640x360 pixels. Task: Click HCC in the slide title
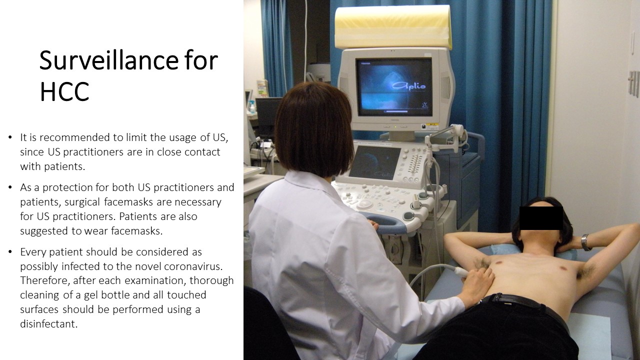pyautogui.click(x=64, y=92)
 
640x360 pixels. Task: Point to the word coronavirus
pyautogui.click(x=193, y=266)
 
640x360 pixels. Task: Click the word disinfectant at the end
pyautogui.click(x=49, y=324)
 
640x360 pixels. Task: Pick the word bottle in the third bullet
pyautogui.click(x=115, y=295)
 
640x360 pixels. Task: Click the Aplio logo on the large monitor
pyautogui.click(x=408, y=85)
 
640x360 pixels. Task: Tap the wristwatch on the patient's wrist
pyautogui.click(x=585, y=242)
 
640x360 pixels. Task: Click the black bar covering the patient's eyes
pyautogui.click(x=541, y=218)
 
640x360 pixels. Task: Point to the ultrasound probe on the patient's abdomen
pyautogui.click(x=460, y=271)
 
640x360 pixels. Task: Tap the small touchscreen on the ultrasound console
pyautogui.click(x=374, y=162)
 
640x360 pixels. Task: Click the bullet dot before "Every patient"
pyautogui.click(x=10, y=252)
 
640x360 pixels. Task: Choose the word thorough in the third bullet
pyautogui.click(x=211, y=281)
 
